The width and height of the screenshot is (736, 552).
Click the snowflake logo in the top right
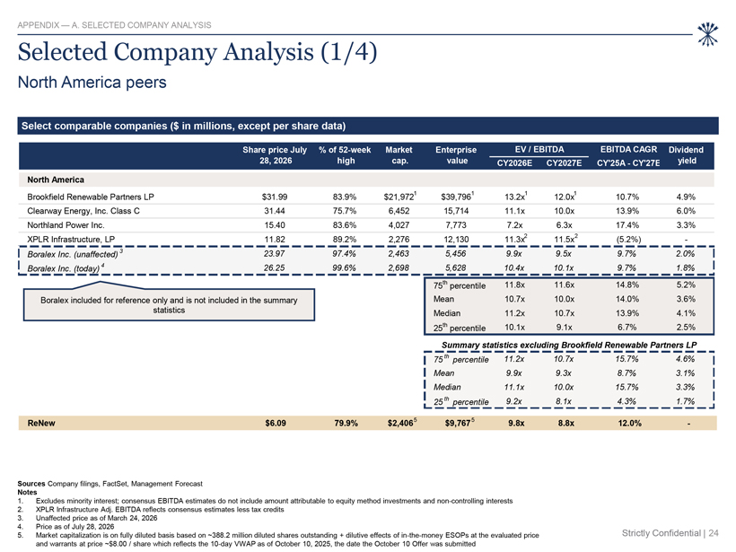tap(707, 34)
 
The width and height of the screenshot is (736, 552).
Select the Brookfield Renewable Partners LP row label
tap(91, 197)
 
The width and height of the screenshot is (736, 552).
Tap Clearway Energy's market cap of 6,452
tap(399, 211)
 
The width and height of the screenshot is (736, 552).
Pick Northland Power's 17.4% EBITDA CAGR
tap(627, 225)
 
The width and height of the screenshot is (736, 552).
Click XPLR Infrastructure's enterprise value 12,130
tap(456, 240)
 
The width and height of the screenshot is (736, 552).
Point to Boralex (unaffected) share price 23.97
tap(275, 254)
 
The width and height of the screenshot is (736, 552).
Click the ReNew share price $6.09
tap(275, 423)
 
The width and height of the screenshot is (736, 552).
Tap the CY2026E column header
tap(514, 162)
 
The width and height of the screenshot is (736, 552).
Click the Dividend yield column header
tap(686, 155)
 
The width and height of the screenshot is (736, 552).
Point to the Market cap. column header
tap(399, 155)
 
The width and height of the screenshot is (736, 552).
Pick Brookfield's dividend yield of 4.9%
tap(686, 197)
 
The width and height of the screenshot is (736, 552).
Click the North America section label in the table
tap(56, 180)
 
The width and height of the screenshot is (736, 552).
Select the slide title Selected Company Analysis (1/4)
tap(197, 52)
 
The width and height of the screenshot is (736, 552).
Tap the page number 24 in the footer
tap(714, 533)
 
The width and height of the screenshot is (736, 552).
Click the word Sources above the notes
tap(31, 484)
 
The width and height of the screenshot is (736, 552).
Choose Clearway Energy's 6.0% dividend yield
tap(686, 211)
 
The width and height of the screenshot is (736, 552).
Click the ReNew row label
tap(41, 423)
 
